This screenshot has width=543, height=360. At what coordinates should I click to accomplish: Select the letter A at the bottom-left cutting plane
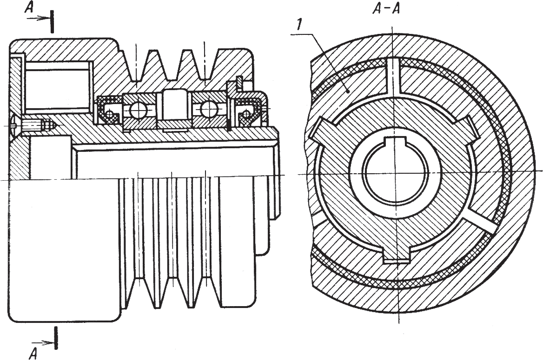(x=33, y=353)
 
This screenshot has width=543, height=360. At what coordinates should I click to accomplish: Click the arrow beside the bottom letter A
(x=46, y=343)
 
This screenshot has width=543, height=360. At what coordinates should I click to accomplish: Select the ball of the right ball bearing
(x=209, y=110)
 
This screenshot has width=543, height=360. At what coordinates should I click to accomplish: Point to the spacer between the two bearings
(x=172, y=109)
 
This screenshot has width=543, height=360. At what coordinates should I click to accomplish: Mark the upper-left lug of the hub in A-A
(x=324, y=130)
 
